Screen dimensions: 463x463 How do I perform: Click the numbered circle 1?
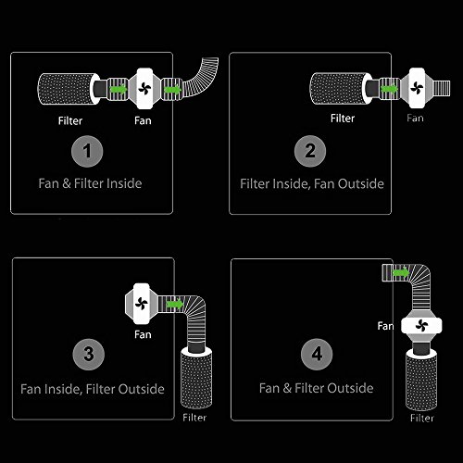[87, 151]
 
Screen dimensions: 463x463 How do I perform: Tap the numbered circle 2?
[310, 151]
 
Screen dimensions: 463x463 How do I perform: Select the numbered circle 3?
[89, 355]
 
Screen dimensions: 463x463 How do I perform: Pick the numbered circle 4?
[317, 354]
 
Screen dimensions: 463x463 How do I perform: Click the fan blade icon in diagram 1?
[144, 89]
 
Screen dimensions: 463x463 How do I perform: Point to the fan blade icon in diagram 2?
[417, 88]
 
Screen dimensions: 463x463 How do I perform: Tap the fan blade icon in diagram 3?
[142, 304]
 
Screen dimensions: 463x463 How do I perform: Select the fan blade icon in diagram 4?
[421, 326]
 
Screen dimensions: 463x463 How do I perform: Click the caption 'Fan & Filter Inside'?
[90, 183]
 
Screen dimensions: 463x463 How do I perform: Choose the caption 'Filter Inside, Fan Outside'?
[312, 183]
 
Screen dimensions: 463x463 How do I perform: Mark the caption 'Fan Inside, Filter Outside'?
[93, 389]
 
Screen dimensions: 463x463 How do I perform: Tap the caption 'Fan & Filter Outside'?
[317, 388]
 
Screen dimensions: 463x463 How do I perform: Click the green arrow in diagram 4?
[400, 273]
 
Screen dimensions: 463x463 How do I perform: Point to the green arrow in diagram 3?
[174, 305]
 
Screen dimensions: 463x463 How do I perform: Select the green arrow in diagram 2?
[389, 89]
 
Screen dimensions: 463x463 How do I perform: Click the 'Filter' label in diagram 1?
[70, 120]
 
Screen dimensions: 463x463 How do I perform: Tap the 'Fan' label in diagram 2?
[415, 118]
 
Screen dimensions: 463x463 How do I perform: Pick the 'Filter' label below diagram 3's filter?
[194, 418]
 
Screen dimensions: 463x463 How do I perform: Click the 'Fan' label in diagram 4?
[385, 326]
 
